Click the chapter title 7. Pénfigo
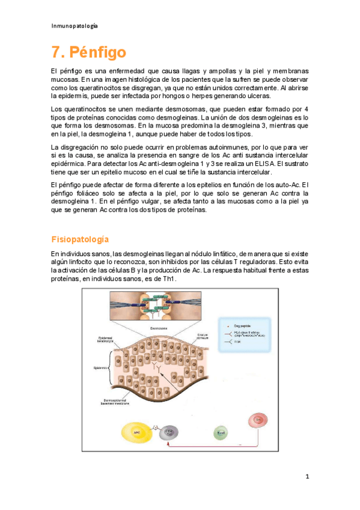click(88, 52)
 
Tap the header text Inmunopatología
click(75, 26)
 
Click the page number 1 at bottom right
click(307, 477)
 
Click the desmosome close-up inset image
click(157, 307)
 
